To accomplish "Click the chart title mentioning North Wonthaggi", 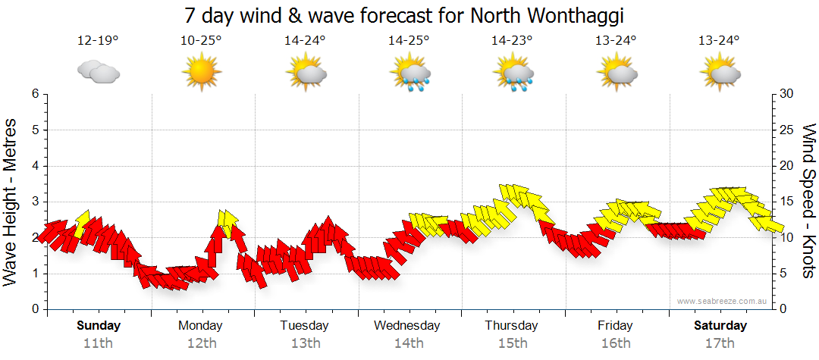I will pos(409,16).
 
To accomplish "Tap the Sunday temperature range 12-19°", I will pos(98,41).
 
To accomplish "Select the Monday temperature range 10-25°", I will pos(201,41).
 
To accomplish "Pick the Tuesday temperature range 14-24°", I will pos(305,41).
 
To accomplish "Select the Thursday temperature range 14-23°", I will pos(512,41).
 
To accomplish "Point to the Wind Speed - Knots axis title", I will pos(808,202).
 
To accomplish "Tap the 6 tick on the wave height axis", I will pos(34,94).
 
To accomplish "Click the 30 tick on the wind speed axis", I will pos(787,94).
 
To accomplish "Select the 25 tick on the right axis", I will pos(787,130).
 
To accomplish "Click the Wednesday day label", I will pos(407,326).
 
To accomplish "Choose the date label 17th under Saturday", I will pos(720,343).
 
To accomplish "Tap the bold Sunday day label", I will pos(98,326).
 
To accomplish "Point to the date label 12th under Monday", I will pos(201,343).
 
